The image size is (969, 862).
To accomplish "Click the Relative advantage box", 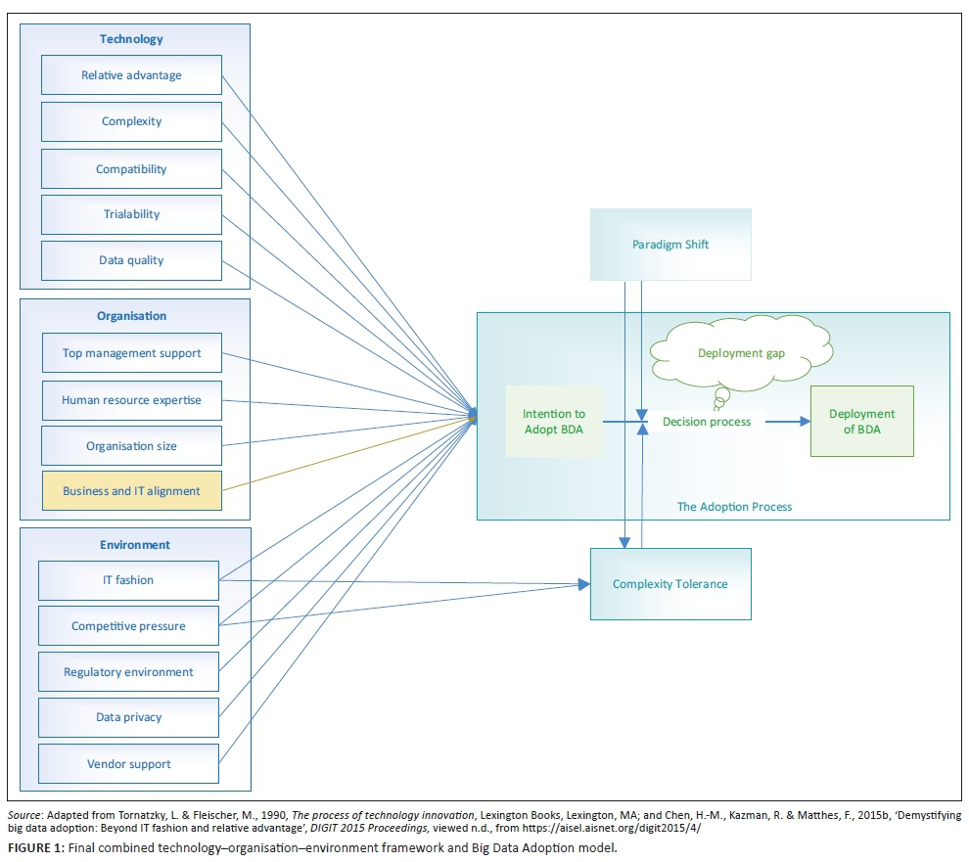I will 131,75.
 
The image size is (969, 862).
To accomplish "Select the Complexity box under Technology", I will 131,121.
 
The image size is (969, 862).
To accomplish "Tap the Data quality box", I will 131,260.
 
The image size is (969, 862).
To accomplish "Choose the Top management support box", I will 131,353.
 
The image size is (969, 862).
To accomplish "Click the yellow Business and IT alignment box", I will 131,491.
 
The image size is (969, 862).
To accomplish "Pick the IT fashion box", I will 128,580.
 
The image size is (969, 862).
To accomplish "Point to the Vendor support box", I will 128,764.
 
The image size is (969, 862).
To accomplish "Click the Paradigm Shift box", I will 670,245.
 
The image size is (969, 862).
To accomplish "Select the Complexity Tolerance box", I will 670,584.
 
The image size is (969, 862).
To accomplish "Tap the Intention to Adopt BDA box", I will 554,422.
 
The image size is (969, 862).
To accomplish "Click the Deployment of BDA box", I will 861,421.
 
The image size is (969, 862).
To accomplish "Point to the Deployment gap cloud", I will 742,353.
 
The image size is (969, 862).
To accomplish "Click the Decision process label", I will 707,422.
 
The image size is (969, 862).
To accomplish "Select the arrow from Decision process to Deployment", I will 788,422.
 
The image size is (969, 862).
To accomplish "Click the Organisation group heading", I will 132,316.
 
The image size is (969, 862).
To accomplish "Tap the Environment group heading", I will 135,545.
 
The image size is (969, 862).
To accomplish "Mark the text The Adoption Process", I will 734,507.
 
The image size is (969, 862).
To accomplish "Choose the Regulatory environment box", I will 128,672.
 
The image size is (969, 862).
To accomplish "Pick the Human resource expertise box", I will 131,400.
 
